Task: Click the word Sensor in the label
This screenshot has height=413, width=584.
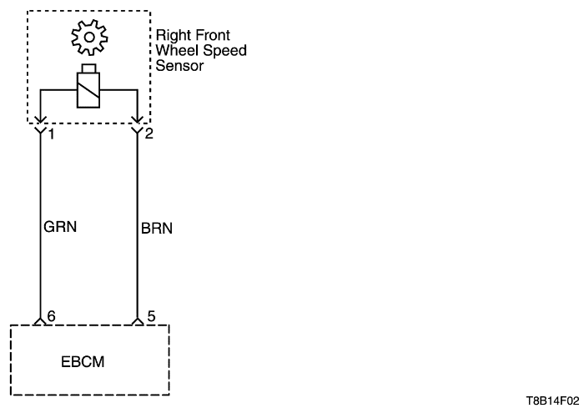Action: click(x=179, y=64)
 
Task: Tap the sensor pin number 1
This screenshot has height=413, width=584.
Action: click(x=51, y=134)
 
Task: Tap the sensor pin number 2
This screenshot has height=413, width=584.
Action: click(x=149, y=134)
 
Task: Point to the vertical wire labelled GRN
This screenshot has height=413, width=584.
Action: click(x=40, y=250)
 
